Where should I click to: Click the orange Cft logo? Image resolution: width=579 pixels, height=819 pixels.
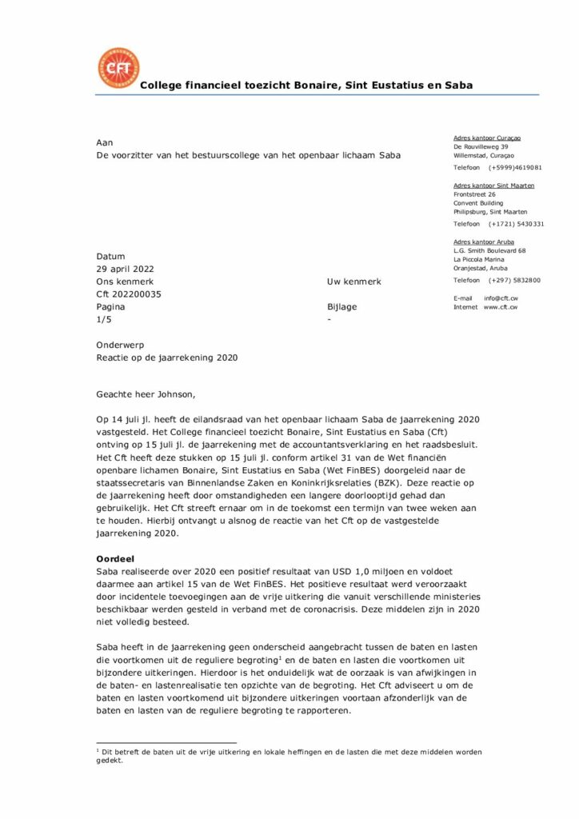pyautogui.click(x=118, y=69)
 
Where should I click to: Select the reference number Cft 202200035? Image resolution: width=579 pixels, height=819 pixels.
pyautogui.click(x=129, y=294)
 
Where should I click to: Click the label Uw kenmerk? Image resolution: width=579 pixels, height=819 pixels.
pyautogui.click(x=353, y=282)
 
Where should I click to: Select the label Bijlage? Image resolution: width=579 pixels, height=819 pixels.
pyautogui.click(x=341, y=307)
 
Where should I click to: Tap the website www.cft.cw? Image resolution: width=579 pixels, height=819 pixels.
pyautogui.click(x=501, y=307)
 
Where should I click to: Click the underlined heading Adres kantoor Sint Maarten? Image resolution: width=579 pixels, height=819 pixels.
pyautogui.click(x=493, y=186)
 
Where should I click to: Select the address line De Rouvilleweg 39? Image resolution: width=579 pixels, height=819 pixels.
pyautogui.click(x=480, y=147)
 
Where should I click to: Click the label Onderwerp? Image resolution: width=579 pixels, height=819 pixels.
pyautogui.click(x=120, y=345)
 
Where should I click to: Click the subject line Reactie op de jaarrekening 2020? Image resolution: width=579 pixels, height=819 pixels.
pyautogui.click(x=166, y=358)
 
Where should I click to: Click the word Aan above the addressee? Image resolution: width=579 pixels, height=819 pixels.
pyautogui.click(x=105, y=142)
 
